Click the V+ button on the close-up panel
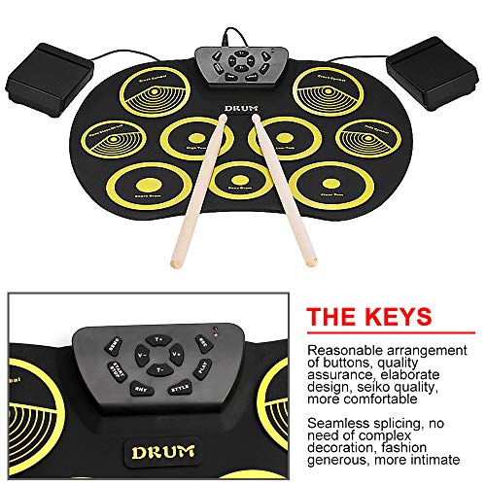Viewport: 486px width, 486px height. [x=180, y=358]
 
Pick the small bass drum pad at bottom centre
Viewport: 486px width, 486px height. [x=232, y=174]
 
